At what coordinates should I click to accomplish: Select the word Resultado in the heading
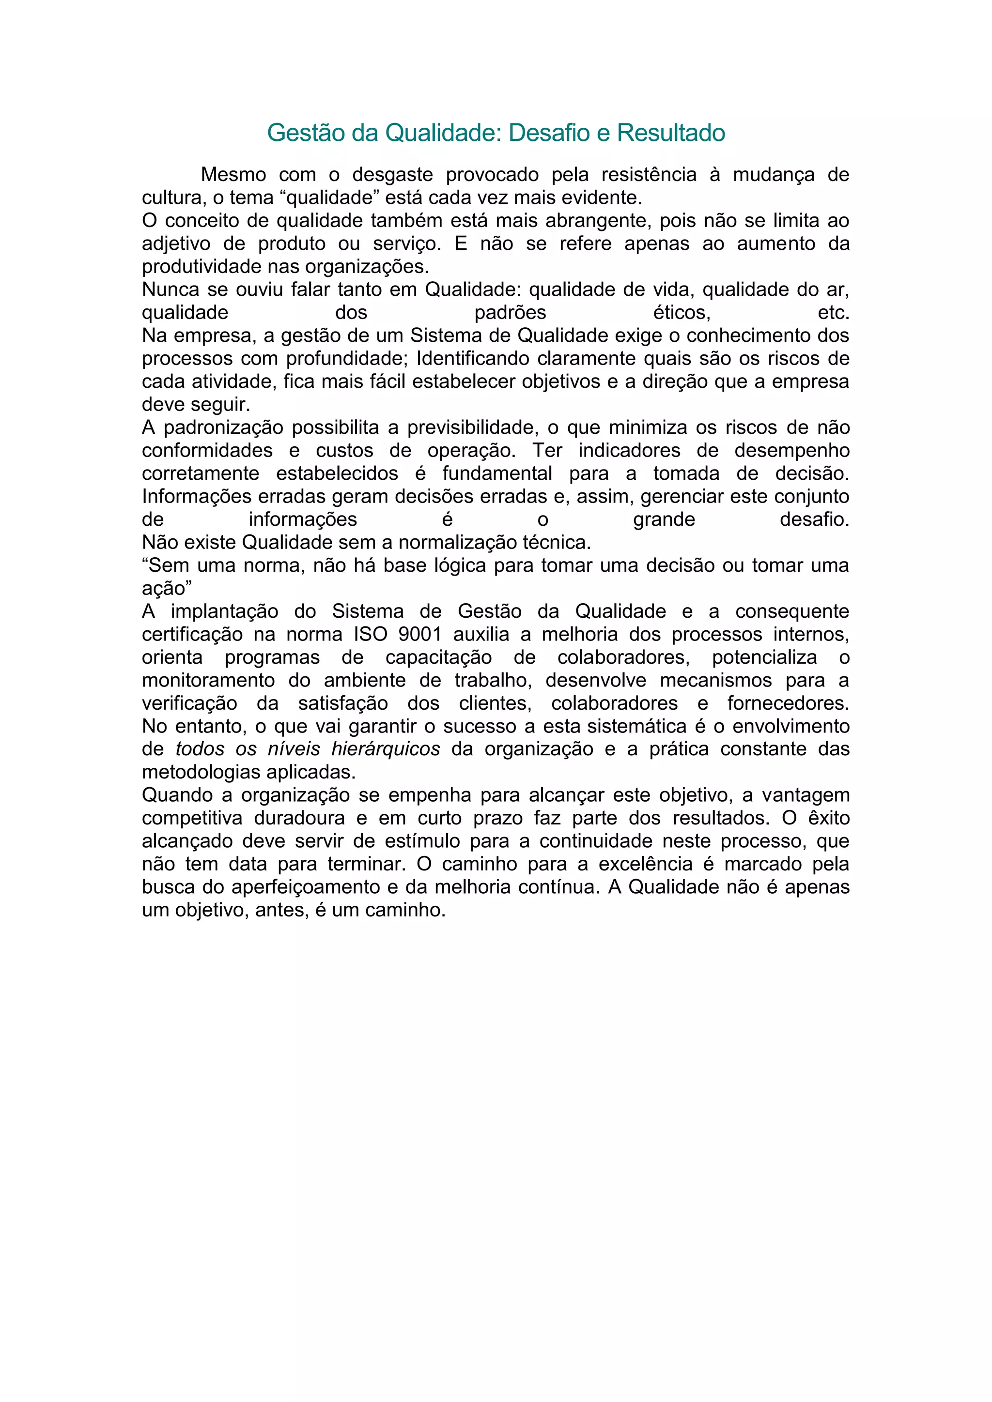tap(671, 133)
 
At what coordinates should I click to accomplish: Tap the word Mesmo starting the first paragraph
tap(233, 175)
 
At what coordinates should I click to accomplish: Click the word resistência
tap(649, 175)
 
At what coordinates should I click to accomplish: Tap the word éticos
tap(681, 313)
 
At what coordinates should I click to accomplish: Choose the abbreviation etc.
tap(833, 313)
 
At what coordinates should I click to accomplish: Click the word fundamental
tap(497, 473)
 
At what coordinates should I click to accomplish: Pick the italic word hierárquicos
tap(386, 749)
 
